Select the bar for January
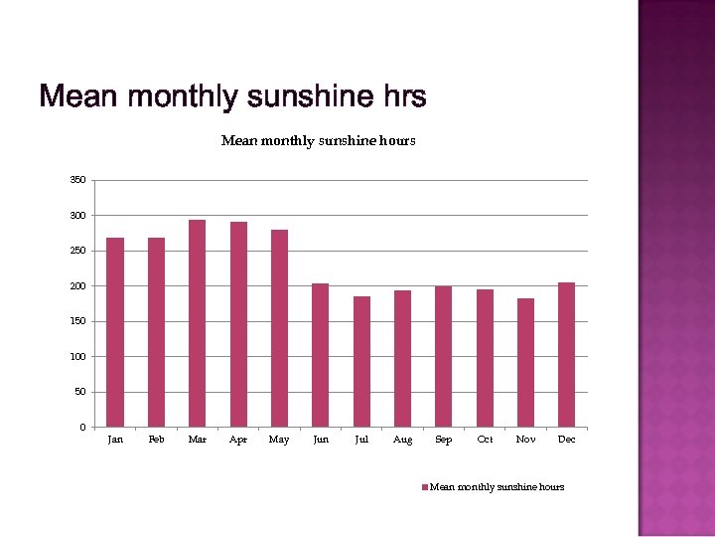(115, 332)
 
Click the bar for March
(198, 323)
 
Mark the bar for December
(566, 354)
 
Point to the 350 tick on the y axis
(77, 180)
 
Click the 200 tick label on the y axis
(77, 286)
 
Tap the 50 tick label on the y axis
(79, 392)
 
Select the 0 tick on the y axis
(82, 428)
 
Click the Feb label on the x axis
(156, 440)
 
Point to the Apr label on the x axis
(238, 440)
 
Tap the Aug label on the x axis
(402, 440)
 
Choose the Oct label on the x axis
(485, 440)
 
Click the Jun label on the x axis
(321, 440)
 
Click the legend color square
(425, 487)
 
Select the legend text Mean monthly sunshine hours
(497, 487)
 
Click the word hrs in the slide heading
(403, 97)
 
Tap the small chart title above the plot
(318, 141)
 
